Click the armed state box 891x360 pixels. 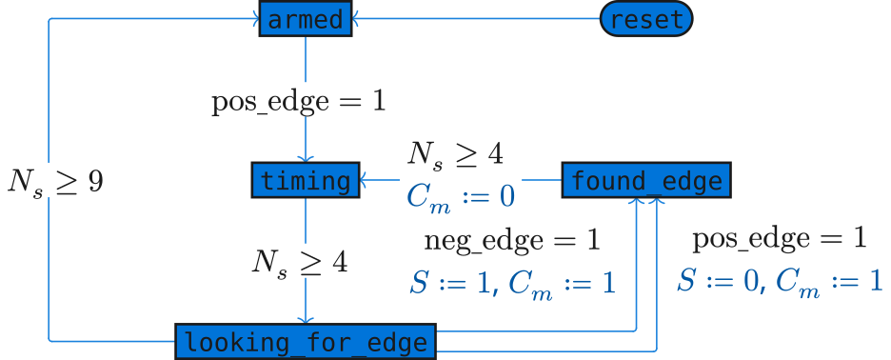click(x=305, y=19)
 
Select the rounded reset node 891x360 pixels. click(x=646, y=19)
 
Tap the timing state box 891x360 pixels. click(x=305, y=180)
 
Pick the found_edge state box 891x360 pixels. click(x=646, y=180)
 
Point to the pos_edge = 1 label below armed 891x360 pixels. click(x=299, y=100)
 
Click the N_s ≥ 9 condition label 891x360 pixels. click(x=55, y=180)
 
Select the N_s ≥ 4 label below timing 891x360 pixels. click(x=299, y=260)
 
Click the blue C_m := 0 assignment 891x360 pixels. click(x=460, y=196)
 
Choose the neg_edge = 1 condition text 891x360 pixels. click(x=512, y=241)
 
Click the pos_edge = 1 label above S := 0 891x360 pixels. click(x=779, y=239)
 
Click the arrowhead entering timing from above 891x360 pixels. click(x=305, y=158)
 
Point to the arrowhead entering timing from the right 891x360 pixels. click(x=364, y=180)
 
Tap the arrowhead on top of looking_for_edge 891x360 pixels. click(x=305, y=319)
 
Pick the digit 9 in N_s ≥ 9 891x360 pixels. click(x=94, y=180)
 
